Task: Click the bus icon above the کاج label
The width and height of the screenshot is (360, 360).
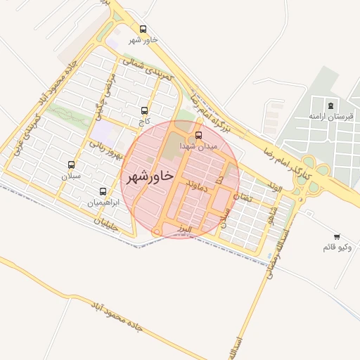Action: click(x=145, y=110)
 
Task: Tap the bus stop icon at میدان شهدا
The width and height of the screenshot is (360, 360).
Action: click(x=198, y=134)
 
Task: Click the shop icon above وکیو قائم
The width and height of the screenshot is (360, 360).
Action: click(x=337, y=236)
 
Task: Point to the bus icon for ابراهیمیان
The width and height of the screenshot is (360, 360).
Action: click(x=103, y=191)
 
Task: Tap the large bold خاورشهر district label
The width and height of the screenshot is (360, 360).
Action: click(x=148, y=176)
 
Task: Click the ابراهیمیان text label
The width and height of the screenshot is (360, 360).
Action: click(x=103, y=202)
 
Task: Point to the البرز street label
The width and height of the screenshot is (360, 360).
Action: click(x=185, y=230)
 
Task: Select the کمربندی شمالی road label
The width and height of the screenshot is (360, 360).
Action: click(x=148, y=73)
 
